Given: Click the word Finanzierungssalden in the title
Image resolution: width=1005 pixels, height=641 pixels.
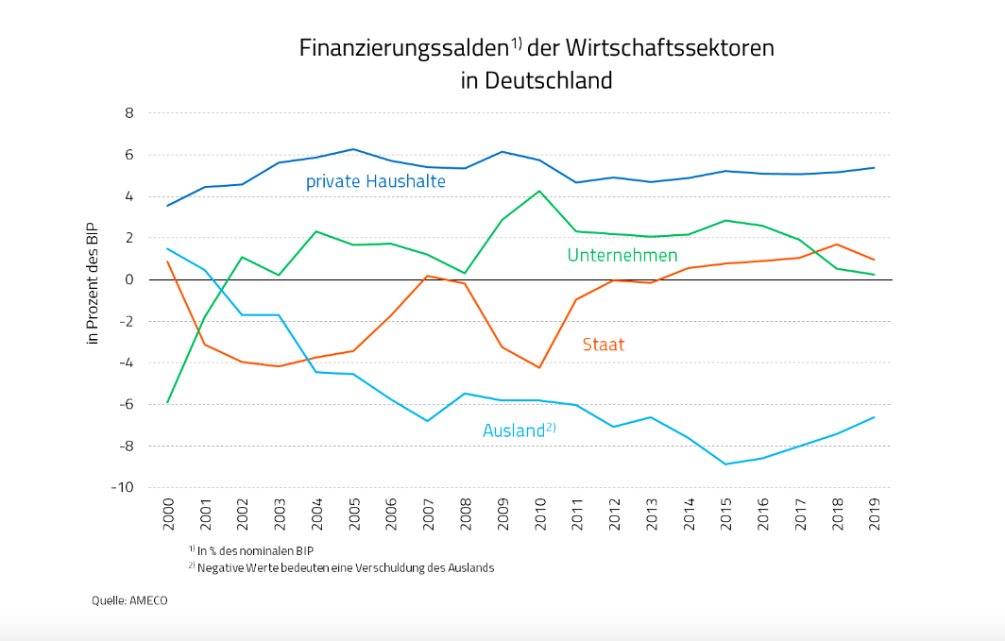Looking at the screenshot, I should pos(404,48).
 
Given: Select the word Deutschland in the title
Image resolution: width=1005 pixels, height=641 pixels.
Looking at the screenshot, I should pos(549,80).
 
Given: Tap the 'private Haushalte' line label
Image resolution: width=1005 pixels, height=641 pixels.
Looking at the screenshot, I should pos(375,181).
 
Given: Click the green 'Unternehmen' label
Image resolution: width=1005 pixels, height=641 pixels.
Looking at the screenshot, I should pos(622,255).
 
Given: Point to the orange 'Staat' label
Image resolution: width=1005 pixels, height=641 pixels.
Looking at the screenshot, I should pos(604,345).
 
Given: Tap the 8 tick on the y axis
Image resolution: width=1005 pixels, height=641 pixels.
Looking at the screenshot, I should pos(129,113).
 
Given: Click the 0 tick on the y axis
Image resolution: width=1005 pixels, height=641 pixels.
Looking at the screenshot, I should pos(129,279).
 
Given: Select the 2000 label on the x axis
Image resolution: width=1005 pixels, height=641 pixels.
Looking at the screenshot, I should pos(167,517).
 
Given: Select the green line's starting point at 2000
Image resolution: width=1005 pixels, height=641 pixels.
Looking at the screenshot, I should pos(167,403).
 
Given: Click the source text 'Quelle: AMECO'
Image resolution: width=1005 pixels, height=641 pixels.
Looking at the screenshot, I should pos(129,599).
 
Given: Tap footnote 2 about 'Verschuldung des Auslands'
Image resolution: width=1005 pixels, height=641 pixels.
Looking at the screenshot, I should pos(345,567).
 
